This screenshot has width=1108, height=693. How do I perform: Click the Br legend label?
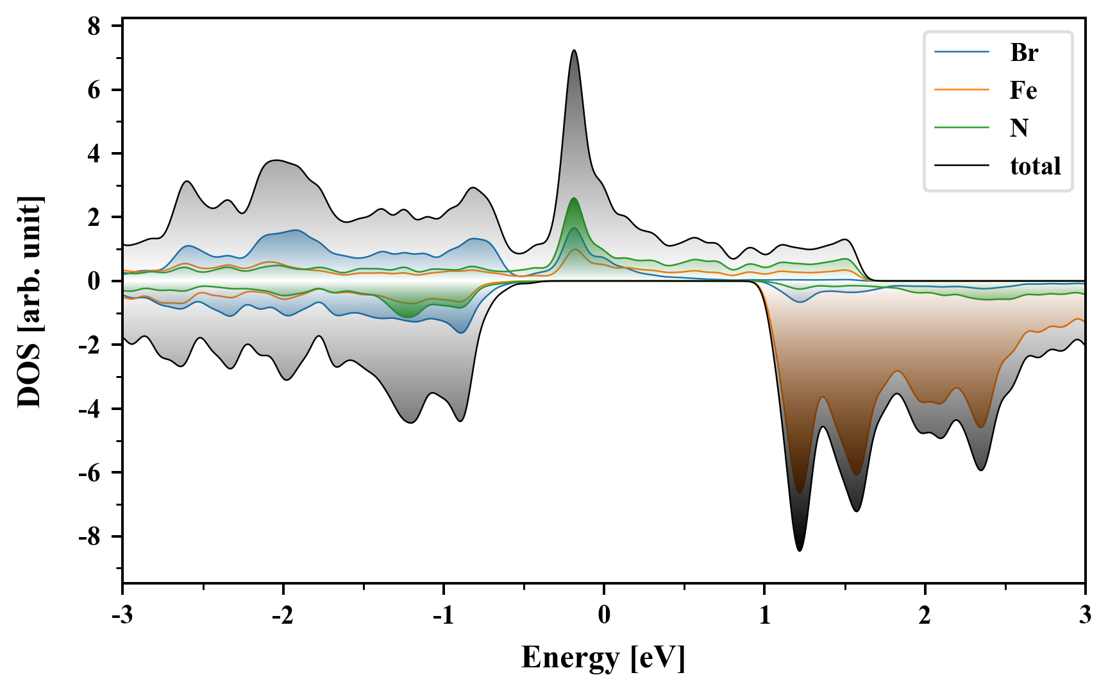[x=1024, y=53]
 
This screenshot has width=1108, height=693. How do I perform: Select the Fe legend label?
[x=1023, y=90]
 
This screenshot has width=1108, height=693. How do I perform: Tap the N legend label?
[x=1020, y=128]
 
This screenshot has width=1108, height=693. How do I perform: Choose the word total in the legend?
[x=1036, y=166]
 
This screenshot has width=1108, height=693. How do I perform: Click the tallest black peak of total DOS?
[x=574, y=51]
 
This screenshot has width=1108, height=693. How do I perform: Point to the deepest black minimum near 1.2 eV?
[x=799, y=550]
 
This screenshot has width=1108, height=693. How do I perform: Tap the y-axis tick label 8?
[x=94, y=26]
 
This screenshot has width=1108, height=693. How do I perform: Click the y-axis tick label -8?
[x=90, y=536]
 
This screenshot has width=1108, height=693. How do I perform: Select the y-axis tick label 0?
[x=94, y=281]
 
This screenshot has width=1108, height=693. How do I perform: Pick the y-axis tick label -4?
[x=90, y=409]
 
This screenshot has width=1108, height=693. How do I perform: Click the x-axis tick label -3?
[x=122, y=615]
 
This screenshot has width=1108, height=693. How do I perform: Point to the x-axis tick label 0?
[x=604, y=615]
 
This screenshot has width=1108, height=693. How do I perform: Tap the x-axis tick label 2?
[x=925, y=615]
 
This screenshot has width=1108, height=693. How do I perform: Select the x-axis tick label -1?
[x=443, y=615]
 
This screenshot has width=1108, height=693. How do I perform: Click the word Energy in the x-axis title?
[x=570, y=658]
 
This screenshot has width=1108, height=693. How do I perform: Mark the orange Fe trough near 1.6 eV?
[x=857, y=474]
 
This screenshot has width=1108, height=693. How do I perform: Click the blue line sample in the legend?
[x=961, y=52]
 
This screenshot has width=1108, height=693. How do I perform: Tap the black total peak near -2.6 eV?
[x=187, y=182]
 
